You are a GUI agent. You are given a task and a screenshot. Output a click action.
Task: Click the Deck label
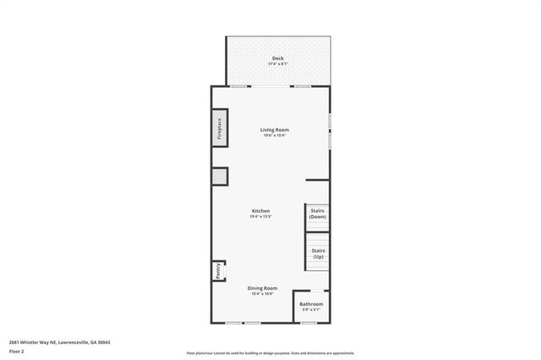277,58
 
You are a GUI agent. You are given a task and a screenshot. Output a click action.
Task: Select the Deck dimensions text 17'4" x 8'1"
277,64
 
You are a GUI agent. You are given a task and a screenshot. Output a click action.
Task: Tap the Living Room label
275,129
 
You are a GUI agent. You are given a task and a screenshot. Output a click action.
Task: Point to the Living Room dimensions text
275,135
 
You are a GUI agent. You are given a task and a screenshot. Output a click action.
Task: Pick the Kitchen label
260,210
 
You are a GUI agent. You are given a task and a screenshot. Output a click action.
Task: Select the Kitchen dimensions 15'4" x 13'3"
260,216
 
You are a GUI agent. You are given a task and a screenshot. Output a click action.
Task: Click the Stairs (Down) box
317,213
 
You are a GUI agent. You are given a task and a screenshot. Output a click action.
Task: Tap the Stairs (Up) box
317,252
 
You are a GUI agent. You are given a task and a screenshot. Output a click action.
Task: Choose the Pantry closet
217,270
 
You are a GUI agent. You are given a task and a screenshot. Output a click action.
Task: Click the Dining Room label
262,288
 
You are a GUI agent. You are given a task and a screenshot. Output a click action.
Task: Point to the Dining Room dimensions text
262,294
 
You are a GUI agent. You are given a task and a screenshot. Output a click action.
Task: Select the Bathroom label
311,303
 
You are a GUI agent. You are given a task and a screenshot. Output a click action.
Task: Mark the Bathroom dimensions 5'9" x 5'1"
311,309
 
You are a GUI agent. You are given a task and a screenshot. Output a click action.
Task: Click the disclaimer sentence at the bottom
270,353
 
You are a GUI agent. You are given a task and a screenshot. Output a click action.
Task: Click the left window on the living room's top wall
239,85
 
